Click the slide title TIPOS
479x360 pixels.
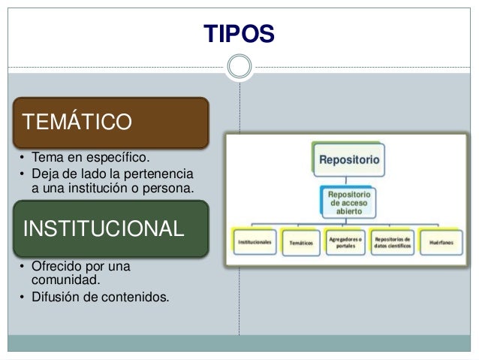[x=239, y=33]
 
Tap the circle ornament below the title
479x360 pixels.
[x=239, y=66]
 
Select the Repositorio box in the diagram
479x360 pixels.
[x=349, y=159]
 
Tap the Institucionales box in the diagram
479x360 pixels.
[x=255, y=242]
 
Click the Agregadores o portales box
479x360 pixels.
[x=347, y=242]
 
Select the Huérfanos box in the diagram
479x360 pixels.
[x=441, y=242]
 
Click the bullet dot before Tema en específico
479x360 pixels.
[x=23, y=159]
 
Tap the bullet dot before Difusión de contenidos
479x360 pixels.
[x=23, y=295]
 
